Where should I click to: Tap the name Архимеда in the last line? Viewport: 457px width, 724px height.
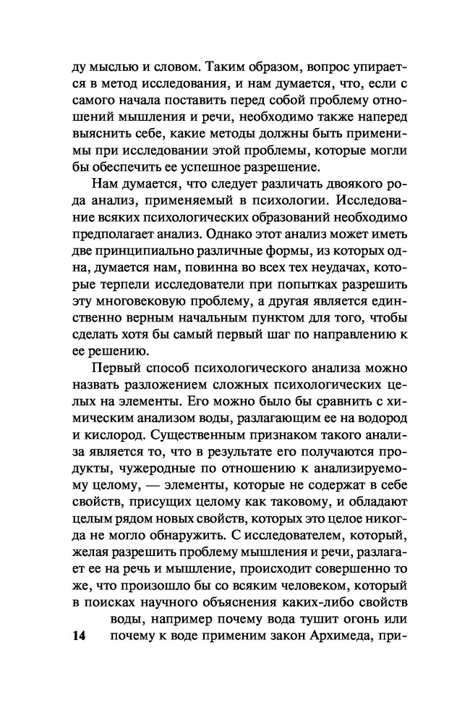coord(330,636)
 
